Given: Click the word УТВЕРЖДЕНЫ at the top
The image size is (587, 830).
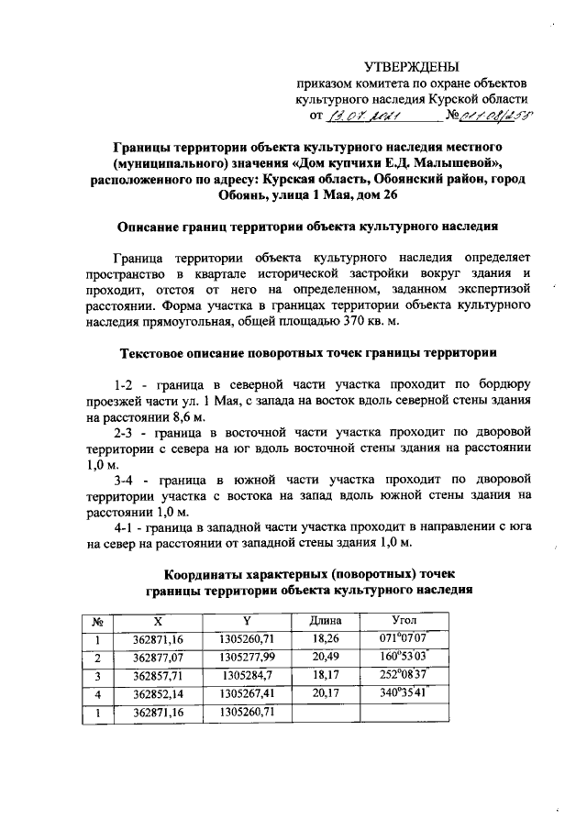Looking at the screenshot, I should tap(411, 65).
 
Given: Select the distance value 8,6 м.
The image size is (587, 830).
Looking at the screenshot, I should tap(161, 415).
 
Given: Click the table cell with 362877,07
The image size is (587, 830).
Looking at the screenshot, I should tap(158, 657).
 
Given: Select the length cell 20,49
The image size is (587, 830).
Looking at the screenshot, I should tap(326, 657).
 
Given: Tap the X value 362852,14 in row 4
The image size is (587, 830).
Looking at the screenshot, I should tap(158, 694).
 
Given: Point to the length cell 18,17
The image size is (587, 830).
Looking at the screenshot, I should tap(326, 676).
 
